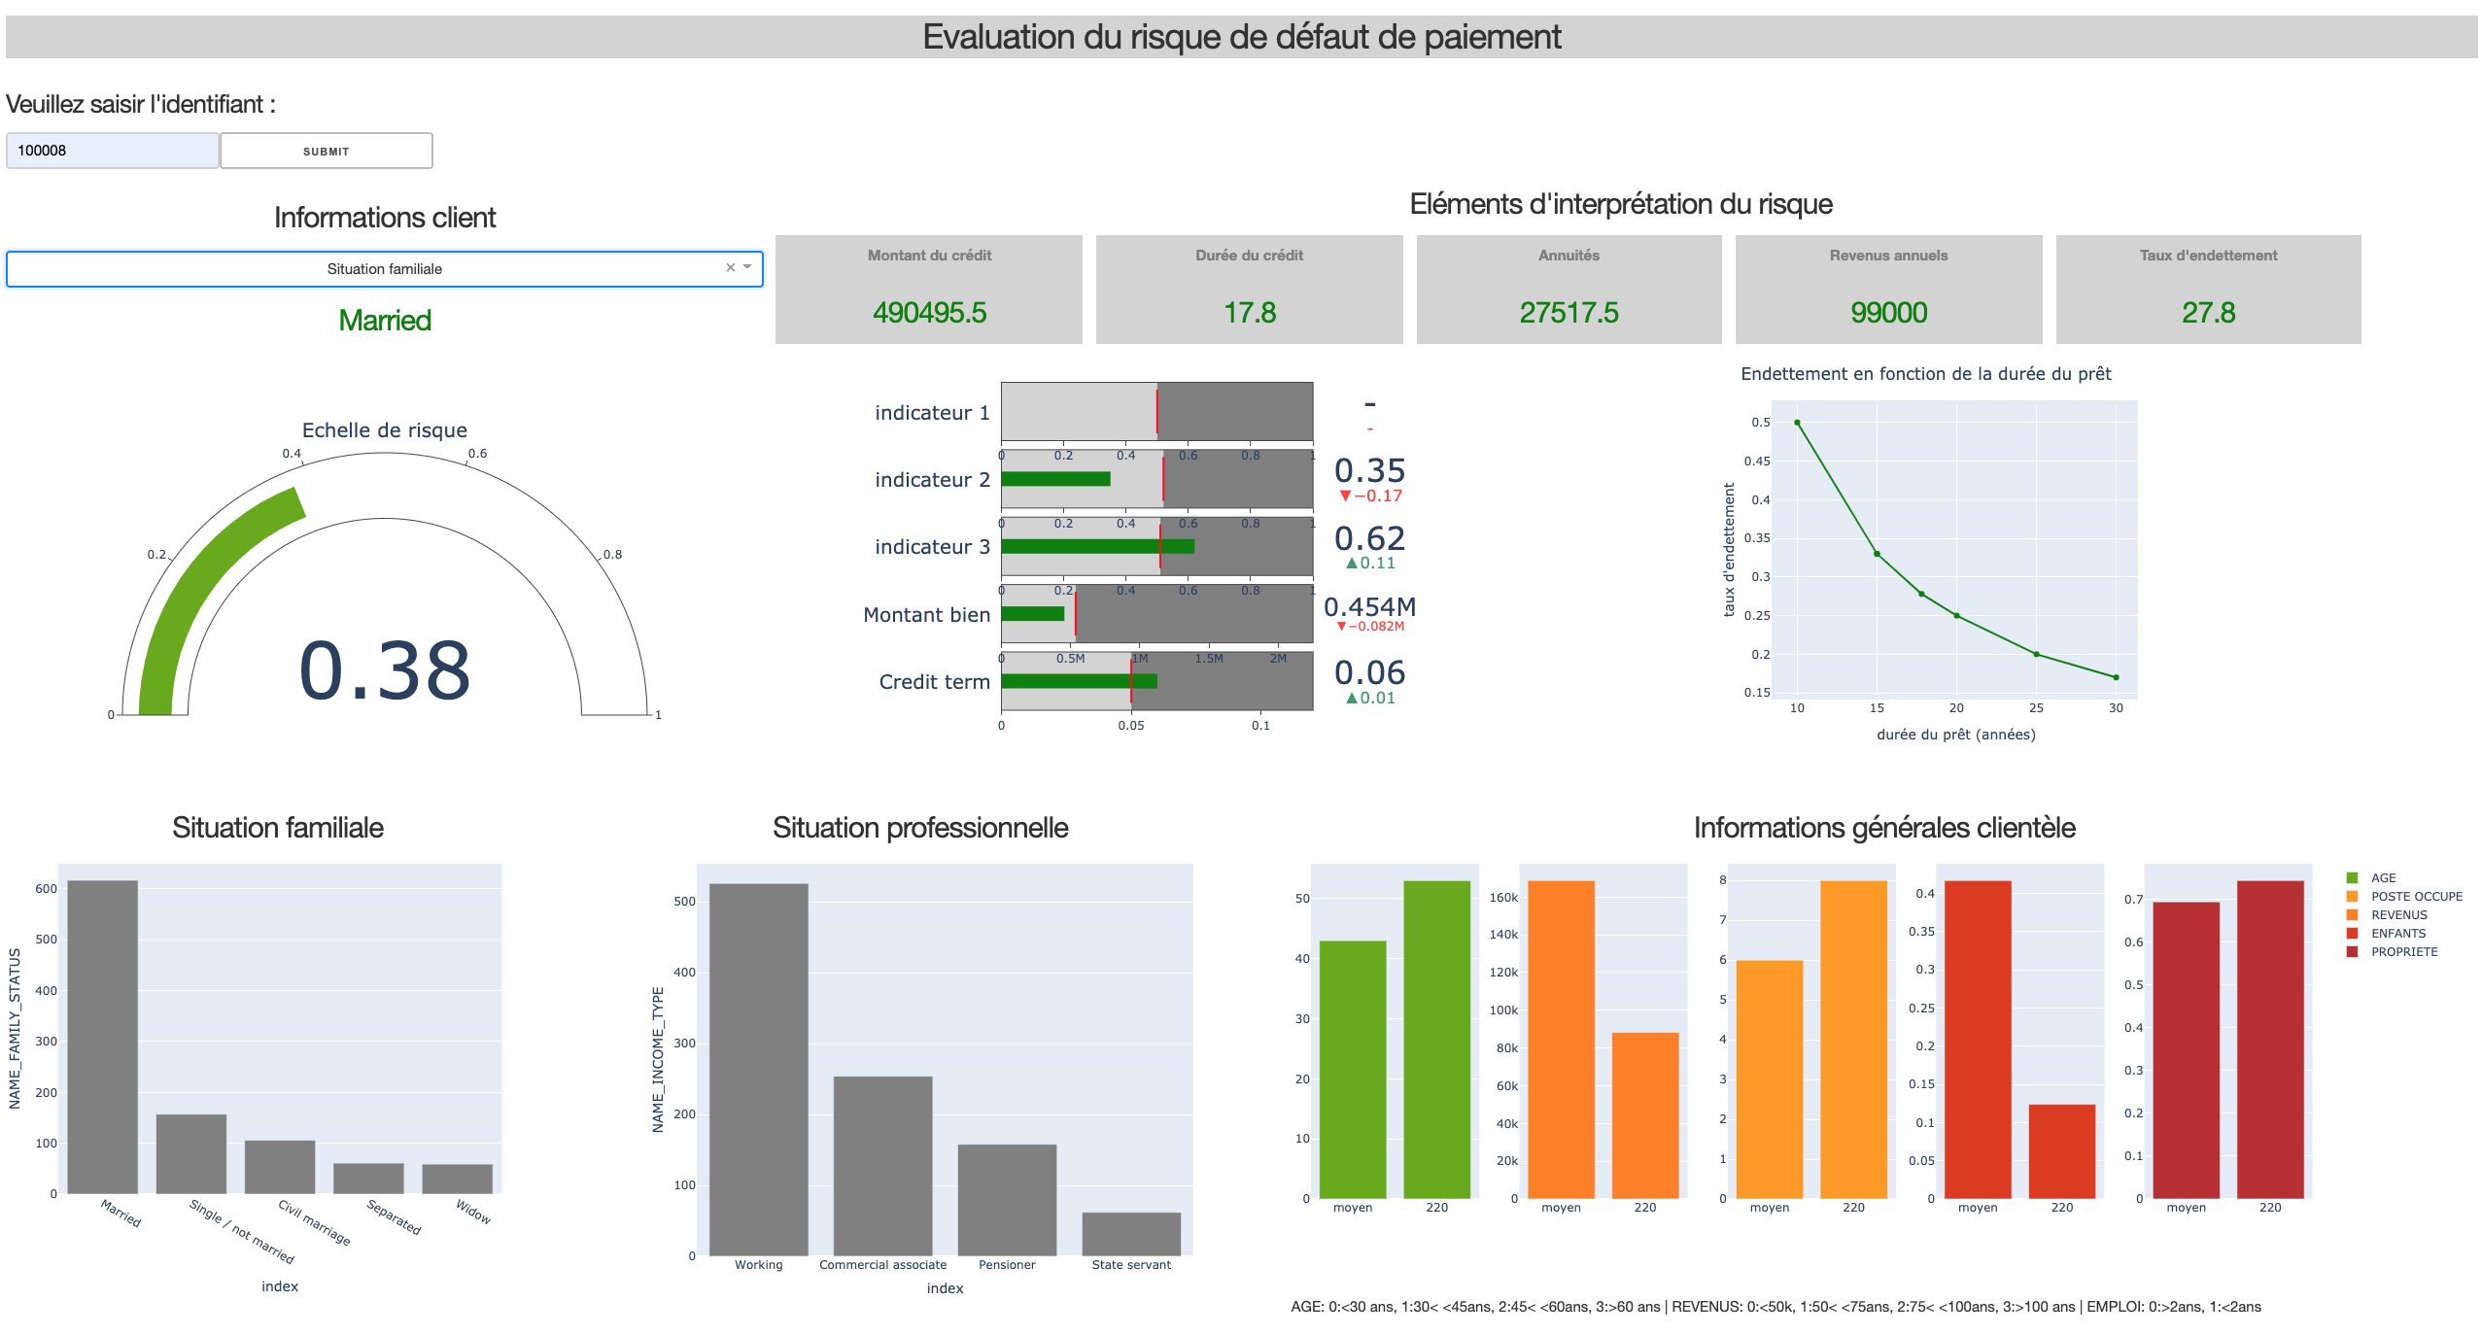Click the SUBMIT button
coord(326,151)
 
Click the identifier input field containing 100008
coord(112,151)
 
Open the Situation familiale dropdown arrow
coord(747,267)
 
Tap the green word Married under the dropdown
coord(385,320)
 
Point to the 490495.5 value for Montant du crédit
coord(929,312)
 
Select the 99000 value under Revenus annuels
coord(1888,312)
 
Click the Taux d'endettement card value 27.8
coord(2208,312)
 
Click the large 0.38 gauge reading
coord(385,670)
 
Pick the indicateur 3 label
coord(932,547)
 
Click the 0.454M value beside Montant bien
coord(1369,607)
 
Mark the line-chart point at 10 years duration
coord(1797,423)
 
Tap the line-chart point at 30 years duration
coord(2116,677)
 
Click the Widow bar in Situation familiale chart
coord(457,1179)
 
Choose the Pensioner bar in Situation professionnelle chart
coord(1007,1200)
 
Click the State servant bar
coord(1131,1234)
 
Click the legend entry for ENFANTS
coord(2397,934)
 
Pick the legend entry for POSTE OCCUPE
coord(2416,897)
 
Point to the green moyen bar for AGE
coord(1353,1069)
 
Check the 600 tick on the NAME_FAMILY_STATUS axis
coord(46,889)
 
